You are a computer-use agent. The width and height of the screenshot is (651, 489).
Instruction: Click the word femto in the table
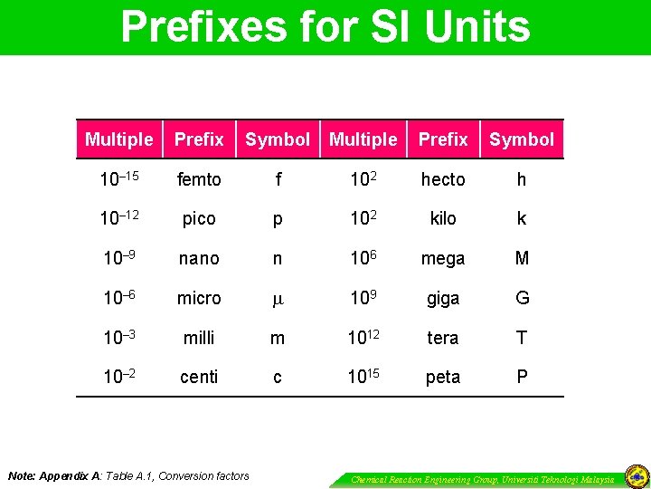point(199,179)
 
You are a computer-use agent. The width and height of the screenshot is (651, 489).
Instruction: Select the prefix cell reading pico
point(199,219)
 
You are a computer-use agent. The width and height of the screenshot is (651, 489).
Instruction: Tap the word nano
point(199,259)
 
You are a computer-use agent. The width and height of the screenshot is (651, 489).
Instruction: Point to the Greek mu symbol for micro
point(277,298)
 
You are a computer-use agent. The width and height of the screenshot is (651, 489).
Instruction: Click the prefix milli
point(199,338)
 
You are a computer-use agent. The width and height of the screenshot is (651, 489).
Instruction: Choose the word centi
point(199,377)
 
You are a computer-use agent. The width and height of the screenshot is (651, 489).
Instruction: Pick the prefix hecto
point(443,179)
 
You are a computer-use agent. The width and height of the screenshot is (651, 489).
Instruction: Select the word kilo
point(443,219)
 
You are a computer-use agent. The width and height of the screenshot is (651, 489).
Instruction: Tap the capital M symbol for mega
point(522,259)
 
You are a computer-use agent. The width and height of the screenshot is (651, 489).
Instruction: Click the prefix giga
point(443,299)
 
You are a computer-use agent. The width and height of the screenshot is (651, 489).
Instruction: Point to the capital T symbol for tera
point(522,338)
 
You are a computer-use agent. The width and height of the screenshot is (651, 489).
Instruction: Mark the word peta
point(443,377)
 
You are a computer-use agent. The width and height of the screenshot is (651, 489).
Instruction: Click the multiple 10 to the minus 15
point(118,179)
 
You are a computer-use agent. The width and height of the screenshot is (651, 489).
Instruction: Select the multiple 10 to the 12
point(363,337)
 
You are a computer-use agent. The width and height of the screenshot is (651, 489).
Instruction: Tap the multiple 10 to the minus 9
point(118,258)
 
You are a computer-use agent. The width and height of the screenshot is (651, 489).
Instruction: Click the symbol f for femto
point(278,179)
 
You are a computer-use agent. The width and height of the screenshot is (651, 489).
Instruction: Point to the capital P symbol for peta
point(522,377)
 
